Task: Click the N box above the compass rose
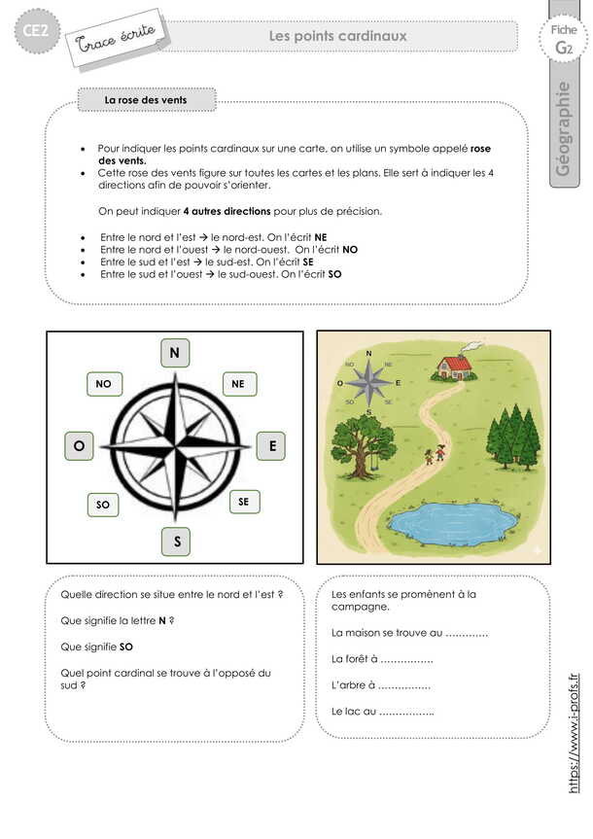click(x=175, y=353)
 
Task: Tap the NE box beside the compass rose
click(x=238, y=384)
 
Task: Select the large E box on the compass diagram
click(x=271, y=446)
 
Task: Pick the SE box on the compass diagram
click(x=243, y=502)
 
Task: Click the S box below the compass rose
click(x=176, y=542)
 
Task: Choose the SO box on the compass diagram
click(x=103, y=505)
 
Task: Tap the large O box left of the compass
click(x=78, y=446)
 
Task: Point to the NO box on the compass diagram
click(x=104, y=385)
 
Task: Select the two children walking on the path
click(x=433, y=454)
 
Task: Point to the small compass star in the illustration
click(x=369, y=382)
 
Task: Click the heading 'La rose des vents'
click(x=146, y=100)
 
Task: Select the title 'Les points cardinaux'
click(x=337, y=36)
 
